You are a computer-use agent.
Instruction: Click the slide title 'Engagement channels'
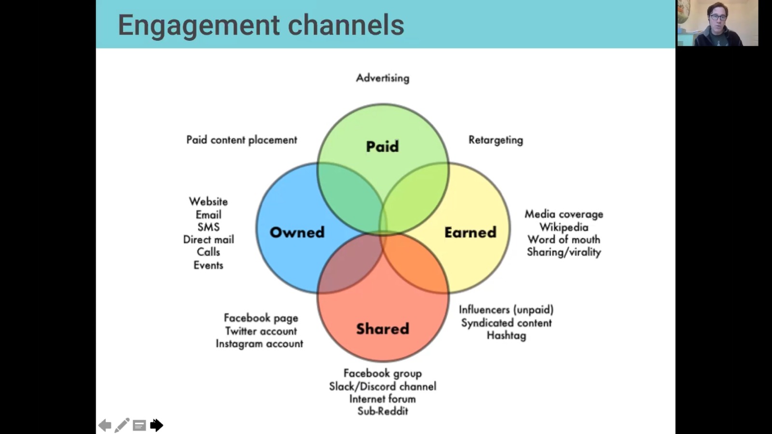pyautogui.click(x=261, y=25)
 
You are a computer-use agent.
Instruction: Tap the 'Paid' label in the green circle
pyautogui.click(x=382, y=146)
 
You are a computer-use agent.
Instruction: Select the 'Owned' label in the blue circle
pyautogui.click(x=297, y=232)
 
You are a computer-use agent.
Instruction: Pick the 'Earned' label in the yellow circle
pyautogui.click(x=470, y=232)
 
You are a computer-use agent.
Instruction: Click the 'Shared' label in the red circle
pyautogui.click(x=382, y=328)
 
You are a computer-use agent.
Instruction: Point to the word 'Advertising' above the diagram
pyautogui.click(x=382, y=78)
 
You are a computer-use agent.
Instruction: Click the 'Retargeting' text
pyautogui.click(x=496, y=140)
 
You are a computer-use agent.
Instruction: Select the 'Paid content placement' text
pyautogui.click(x=241, y=140)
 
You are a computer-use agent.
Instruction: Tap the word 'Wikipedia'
pyautogui.click(x=564, y=227)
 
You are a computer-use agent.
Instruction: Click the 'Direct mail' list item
pyautogui.click(x=208, y=239)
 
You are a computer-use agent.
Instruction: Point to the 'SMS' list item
pyautogui.click(x=208, y=227)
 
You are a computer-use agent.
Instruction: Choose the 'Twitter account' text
pyautogui.click(x=261, y=331)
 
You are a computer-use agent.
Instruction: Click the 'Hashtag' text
pyautogui.click(x=506, y=335)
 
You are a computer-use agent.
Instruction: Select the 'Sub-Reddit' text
pyautogui.click(x=382, y=411)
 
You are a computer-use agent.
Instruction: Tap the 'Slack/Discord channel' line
pyautogui.click(x=382, y=386)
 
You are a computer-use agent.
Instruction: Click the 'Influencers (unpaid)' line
pyautogui.click(x=506, y=310)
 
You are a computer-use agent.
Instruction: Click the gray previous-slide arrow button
pyautogui.click(x=105, y=425)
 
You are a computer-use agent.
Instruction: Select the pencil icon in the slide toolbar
pyautogui.click(x=122, y=425)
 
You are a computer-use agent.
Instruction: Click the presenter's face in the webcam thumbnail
pyautogui.click(x=718, y=18)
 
